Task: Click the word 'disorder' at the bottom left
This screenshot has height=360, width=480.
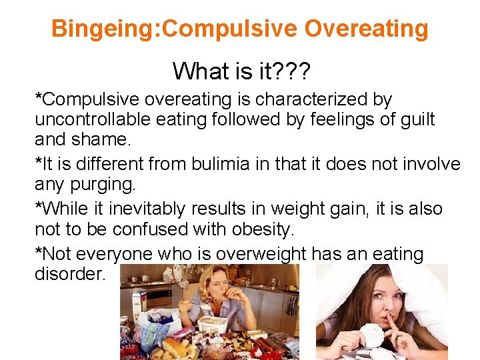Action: (x=70, y=275)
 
